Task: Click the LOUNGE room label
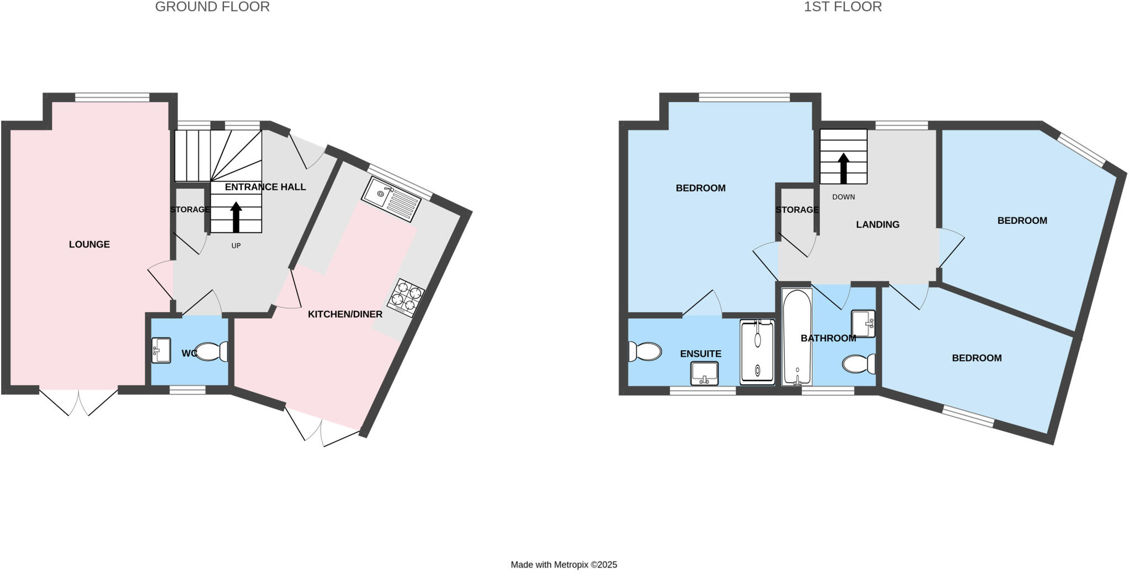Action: pos(89,244)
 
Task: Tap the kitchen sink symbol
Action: pos(391,199)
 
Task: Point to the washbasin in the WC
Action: pos(161,350)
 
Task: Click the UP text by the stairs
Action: pos(236,245)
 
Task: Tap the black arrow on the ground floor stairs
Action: pos(236,217)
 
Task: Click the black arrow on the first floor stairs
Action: pos(843,168)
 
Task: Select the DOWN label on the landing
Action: pos(843,197)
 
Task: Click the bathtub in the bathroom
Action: pos(797,338)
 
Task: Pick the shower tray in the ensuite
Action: pos(758,351)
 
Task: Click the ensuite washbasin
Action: pos(705,373)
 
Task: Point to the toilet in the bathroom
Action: pos(859,363)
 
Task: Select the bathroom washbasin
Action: pos(863,324)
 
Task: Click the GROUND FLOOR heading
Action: pos(212,7)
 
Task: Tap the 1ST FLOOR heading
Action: pos(843,7)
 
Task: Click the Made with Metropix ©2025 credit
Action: pos(564,565)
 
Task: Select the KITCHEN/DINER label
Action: pos(345,314)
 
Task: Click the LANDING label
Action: pos(877,224)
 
